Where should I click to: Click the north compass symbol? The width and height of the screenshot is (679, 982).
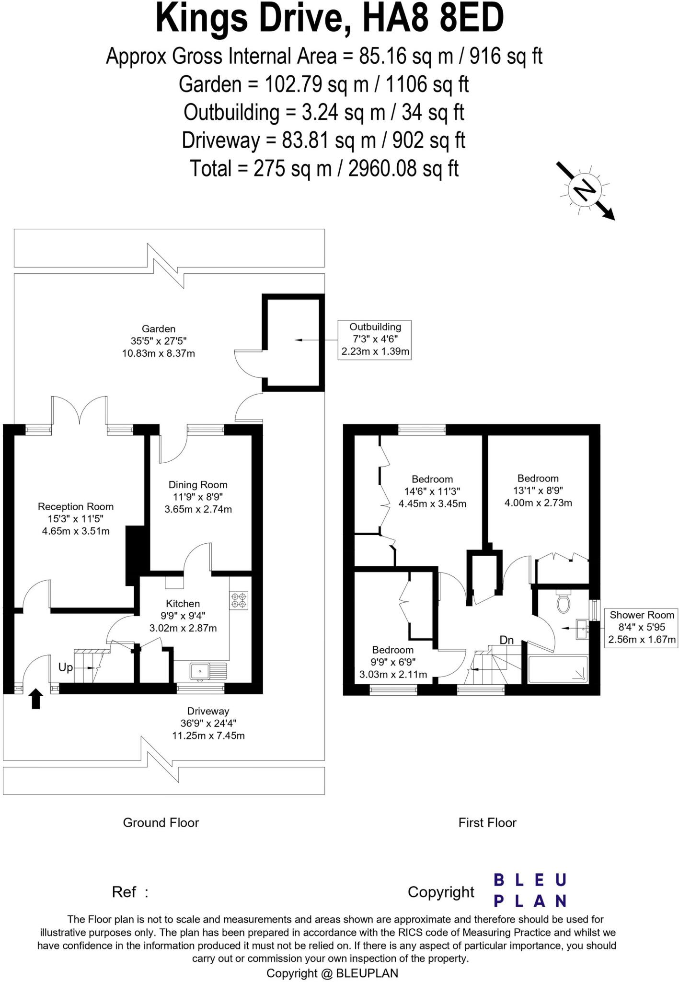[x=584, y=190]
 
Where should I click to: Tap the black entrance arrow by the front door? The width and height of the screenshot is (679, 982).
[x=36, y=699]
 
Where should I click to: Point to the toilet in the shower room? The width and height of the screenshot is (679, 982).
[x=564, y=603]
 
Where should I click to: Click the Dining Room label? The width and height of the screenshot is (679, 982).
[x=198, y=485]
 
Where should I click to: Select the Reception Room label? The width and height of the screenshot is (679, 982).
[x=76, y=507]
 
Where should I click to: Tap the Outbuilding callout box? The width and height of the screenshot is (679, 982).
[x=375, y=339]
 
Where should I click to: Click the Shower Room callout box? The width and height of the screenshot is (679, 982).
[x=641, y=627]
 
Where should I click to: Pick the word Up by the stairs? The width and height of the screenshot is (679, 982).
[x=65, y=667]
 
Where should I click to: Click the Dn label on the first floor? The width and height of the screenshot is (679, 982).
[x=506, y=640]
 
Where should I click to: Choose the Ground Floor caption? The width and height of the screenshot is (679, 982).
[x=161, y=823]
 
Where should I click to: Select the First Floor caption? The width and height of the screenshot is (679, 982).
[x=487, y=823]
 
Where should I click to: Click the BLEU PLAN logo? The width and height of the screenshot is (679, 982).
[x=530, y=890]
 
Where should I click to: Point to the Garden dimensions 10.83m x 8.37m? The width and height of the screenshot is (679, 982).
[x=159, y=354]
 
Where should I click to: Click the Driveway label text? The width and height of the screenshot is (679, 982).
[x=208, y=711]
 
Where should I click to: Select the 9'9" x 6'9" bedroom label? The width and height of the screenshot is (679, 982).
[x=393, y=662]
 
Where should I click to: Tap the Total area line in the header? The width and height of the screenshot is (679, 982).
[x=324, y=169]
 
